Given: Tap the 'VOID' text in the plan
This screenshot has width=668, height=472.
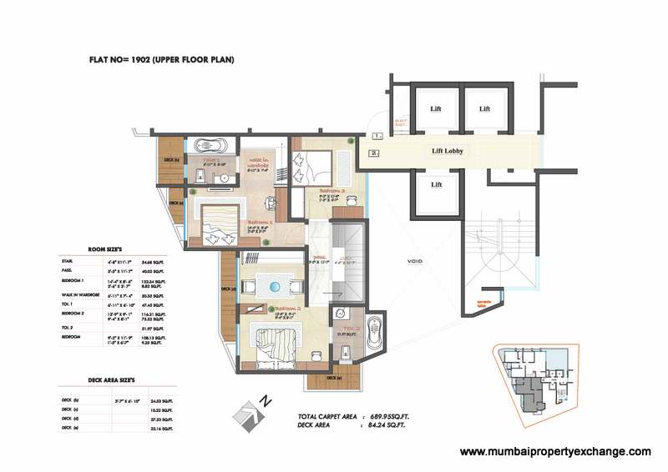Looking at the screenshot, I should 415,261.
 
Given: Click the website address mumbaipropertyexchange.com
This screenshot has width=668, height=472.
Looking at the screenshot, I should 555,451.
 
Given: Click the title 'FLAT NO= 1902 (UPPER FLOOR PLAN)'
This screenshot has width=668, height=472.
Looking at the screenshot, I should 160,60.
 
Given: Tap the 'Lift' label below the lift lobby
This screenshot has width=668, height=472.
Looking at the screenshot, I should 436,184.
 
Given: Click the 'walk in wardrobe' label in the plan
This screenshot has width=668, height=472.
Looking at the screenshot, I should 255,163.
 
